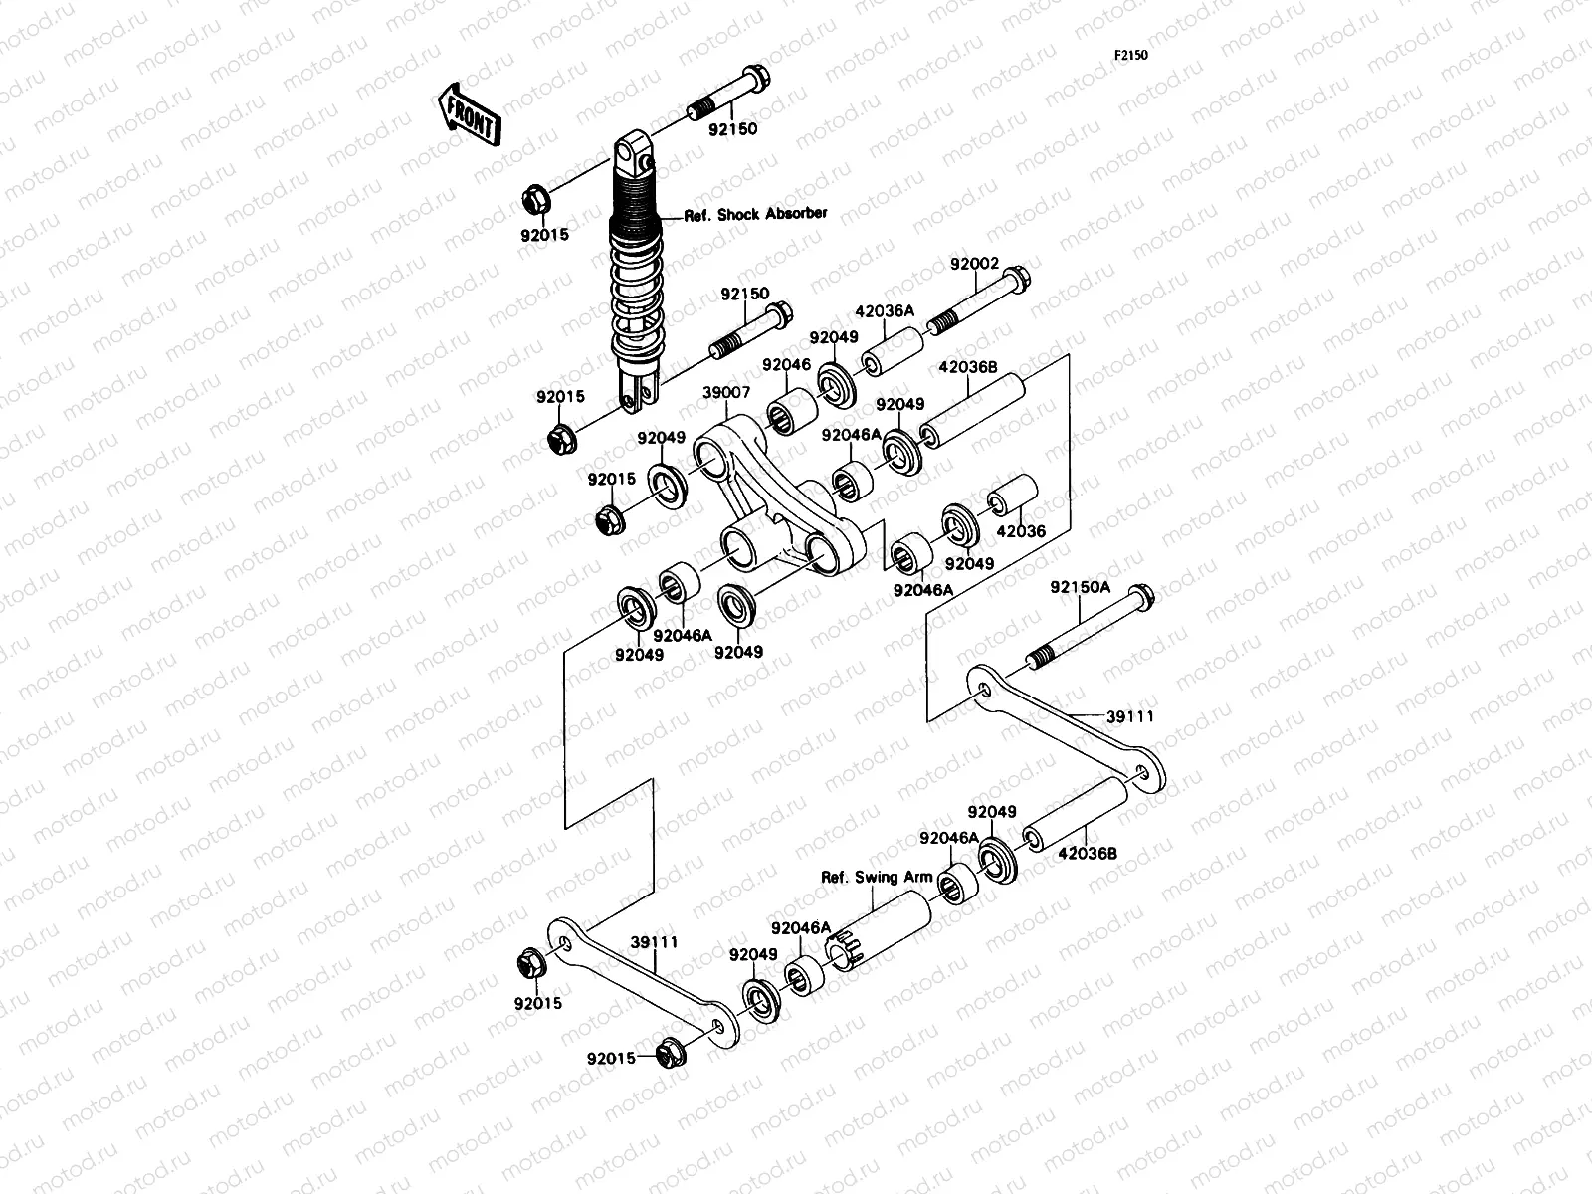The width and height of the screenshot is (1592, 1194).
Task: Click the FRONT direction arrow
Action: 467,113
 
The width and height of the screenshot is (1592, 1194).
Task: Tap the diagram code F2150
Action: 1130,55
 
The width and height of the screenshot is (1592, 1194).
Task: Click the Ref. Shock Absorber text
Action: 755,214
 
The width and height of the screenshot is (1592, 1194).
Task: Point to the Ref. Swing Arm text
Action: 877,877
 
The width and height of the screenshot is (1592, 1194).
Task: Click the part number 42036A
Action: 885,310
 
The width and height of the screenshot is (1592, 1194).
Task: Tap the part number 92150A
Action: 1080,587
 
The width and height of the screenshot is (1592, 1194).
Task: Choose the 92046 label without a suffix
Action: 787,365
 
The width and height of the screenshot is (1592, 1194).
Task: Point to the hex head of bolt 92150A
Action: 1143,597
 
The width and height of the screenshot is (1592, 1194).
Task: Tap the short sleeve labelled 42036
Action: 1012,496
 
